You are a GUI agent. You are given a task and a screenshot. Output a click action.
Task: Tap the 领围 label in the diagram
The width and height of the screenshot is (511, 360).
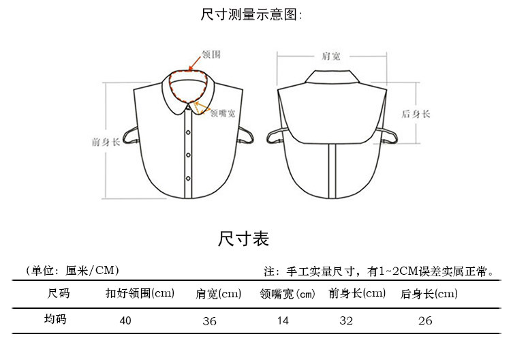click(x=211, y=54)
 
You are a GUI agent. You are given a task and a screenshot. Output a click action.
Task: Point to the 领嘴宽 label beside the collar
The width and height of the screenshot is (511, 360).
click(x=223, y=113)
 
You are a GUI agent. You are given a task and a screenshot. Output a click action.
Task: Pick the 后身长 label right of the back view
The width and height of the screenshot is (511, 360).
click(x=416, y=114)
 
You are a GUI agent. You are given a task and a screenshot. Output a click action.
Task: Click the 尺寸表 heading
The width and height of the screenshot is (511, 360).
click(x=244, y=239)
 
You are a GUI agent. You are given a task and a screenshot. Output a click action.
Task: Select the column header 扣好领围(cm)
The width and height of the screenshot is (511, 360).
click(x=140, y=295)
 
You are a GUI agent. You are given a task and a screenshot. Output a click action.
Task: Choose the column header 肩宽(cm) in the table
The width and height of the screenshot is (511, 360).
click(x=218, y=295)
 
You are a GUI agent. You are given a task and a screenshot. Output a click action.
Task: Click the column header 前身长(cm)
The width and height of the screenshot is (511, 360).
click(x=357, y=295)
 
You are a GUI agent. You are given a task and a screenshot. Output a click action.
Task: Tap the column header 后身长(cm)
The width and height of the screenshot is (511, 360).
click(x=429, y=295)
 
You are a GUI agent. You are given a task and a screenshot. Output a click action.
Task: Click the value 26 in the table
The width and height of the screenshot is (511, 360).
click(x=425, y=320)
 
